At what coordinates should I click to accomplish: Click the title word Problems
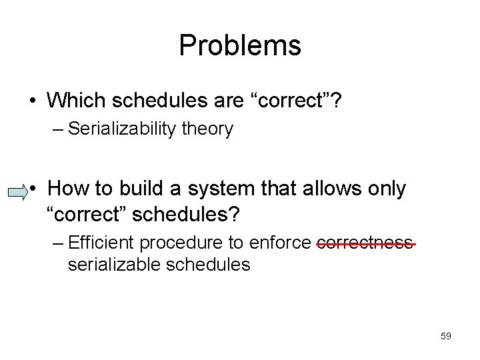click(240, 46)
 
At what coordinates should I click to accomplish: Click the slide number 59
click(446, 336)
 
